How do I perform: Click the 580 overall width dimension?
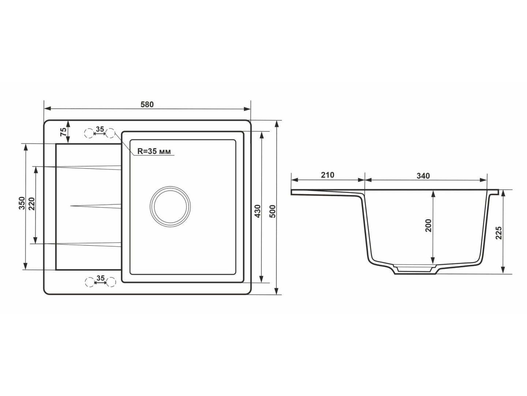[x=147, y=104]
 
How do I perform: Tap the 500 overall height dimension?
[x=273, y=211]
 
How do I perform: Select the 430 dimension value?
[x=257, y=211]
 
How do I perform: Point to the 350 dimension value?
[x=22, y=203]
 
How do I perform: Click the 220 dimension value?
[x=32, y=203]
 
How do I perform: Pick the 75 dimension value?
[x=63, y=132]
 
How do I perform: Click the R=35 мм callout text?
[x=154, y=151]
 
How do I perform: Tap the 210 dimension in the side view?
[x=328, y=175]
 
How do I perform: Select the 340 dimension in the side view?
[x=423, y=176]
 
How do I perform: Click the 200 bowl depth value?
[x=428, y=225]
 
